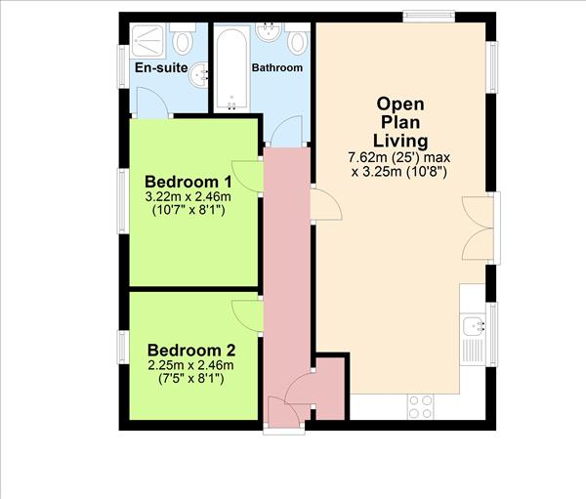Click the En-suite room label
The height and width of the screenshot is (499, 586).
pyautogui.click(x=161, y=67)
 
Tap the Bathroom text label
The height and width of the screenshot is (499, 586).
pyautogui.click(x=277, y=67)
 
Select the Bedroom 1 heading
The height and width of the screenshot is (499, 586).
pyautogui.click(x=188, y=182)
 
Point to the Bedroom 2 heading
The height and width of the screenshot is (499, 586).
pyautogui.click(x=191, y=351)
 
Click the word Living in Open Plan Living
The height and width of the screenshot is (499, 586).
pyautogui.click(x=400, y=141)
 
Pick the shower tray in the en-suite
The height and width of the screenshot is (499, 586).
pyautogui.click(x=147, y=40)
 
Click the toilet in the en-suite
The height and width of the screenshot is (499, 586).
pyautogui.click(x=183, y=38)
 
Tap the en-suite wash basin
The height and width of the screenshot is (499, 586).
pyautogui.click(x=198, y=75)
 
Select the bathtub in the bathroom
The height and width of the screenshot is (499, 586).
pyautogui.click(x=231, y=68)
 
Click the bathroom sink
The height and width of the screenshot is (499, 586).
pyautogui.click(x=269, y=32)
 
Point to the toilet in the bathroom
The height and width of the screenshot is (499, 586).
pyautogui.click(x=298, y=39)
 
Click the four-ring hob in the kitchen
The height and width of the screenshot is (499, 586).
pyautogui.click(x=420, y=407)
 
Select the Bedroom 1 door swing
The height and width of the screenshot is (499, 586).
pyautogui.click(x=247, y=177)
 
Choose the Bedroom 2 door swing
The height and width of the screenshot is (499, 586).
pyautogui.click(x=247, y=315)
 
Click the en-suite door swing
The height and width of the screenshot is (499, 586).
pyautogui.click(x=152, y=103)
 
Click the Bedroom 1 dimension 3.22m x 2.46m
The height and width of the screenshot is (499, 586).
pyautogui.click(x=188, y=196)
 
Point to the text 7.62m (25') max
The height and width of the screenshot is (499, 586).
pyautogui.click(x=399, y=157)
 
